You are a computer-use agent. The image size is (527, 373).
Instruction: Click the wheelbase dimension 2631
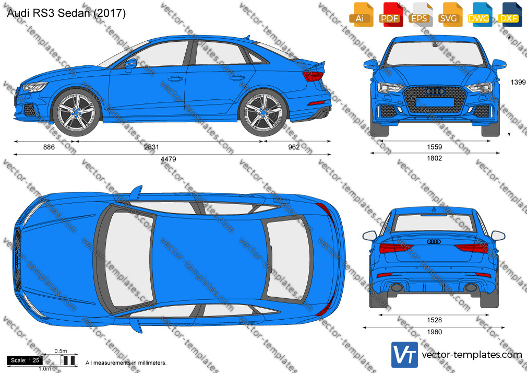click(x=151, y=147)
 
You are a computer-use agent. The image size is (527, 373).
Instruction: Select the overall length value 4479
click(x=168, y=159)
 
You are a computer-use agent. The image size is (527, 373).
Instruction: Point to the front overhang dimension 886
click(x=49, y=147)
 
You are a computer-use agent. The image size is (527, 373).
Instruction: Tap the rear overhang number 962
click(x=294, y=147)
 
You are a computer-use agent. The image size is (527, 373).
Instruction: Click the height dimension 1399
click(x=518, y=82)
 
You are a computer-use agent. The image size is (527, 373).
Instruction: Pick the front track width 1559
click(x=434, y=147)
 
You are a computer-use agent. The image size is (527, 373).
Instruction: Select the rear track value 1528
click(x=434, y=320)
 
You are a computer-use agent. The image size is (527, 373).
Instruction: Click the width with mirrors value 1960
click(x=434, y=332)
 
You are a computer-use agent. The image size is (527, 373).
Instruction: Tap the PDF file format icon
click(x=390, y=15)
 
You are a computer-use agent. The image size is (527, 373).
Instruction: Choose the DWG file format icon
click(x=478, y=15)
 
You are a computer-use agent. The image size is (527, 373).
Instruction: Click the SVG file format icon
click(x=449, y=15)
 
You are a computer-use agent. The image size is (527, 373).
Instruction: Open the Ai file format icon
click(x=361, y=15)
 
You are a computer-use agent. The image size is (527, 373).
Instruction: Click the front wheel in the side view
click(x=76, y=112)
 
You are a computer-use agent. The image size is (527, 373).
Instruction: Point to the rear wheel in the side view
click(x=263, y=112)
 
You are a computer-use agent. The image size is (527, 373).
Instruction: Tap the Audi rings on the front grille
click(x=435, y=91)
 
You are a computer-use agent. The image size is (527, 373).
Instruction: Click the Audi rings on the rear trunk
click(x=434, y=241)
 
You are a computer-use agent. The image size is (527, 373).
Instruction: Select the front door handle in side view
click(x=175, y=79)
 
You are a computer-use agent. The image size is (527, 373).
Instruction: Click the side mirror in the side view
click(x=130, y=64)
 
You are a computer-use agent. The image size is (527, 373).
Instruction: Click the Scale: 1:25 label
click(x=25, y=360)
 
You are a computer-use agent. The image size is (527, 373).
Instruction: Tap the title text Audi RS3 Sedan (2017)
click(x=66, y=13)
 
